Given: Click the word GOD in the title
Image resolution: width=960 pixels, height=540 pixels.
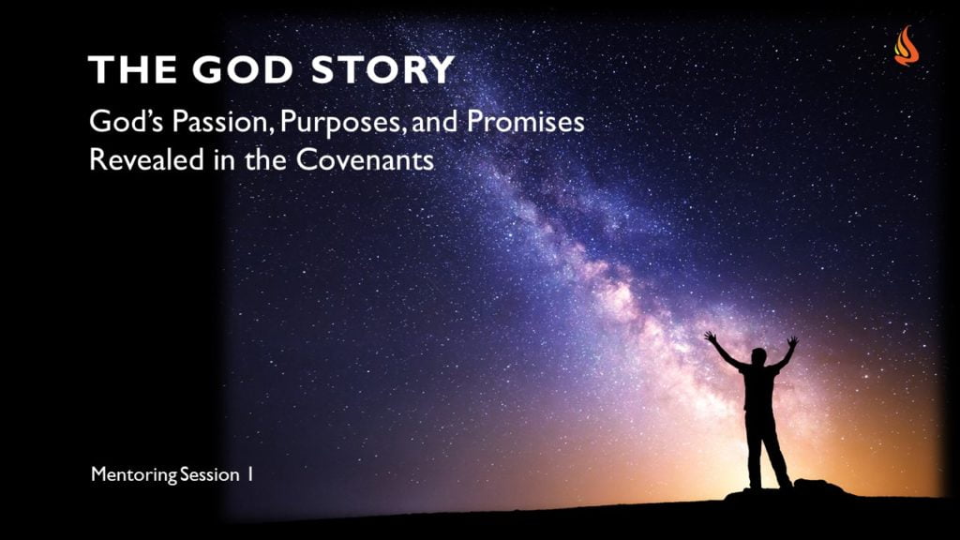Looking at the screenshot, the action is [x=244, y=69].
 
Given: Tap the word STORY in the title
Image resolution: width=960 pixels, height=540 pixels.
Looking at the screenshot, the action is [x=383, y=69].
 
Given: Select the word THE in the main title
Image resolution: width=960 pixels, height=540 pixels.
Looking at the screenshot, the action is [x=132, y=69].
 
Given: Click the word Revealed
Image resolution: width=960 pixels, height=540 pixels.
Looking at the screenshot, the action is [x=146, y=159].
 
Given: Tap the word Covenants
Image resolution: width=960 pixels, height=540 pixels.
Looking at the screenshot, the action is [x=366, y=159].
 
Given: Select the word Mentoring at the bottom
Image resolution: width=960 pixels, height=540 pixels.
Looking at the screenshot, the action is [x=133, y=474].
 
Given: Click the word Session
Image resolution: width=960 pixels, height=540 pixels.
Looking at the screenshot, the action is [x=210, y=474].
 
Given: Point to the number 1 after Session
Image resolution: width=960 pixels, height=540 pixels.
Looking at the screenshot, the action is [x=250, y=474].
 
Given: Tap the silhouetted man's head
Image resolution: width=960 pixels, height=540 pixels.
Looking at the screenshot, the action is [x=759, y=356].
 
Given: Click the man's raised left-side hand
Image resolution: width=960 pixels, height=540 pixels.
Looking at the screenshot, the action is [x=711, y=337].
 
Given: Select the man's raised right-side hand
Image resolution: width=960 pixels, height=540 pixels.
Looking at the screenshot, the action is [x=792, y=341].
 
